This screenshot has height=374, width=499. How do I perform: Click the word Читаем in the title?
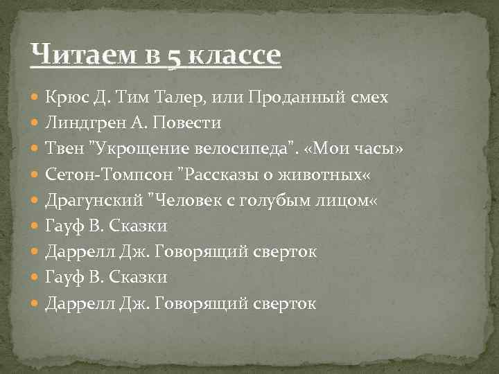tap(76, 53)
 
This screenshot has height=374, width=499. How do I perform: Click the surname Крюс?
tap(68, 98)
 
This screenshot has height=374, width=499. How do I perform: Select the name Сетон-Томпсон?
tap(109, 175)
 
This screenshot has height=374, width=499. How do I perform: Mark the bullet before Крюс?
tap(36, 98)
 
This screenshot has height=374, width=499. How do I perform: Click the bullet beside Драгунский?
tap(36, 201)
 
